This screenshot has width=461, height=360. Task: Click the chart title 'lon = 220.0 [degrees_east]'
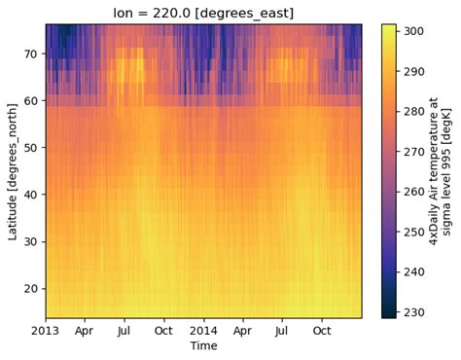(x=203, y=11)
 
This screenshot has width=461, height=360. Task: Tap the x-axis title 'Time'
(x=203, y=345)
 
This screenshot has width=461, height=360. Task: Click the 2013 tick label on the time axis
(x=46, y=331)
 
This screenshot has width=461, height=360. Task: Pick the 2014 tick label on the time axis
(x=203, y=331)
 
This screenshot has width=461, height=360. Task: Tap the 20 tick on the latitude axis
(x=32, y=288)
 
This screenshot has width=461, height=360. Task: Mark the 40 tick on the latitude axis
(x=32, y=195)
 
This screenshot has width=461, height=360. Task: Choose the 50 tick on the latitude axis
(x=32, y=148)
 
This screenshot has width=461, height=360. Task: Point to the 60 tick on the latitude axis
(x=32, y=101)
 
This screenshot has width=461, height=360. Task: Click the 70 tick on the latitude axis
(x=32, y=54)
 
